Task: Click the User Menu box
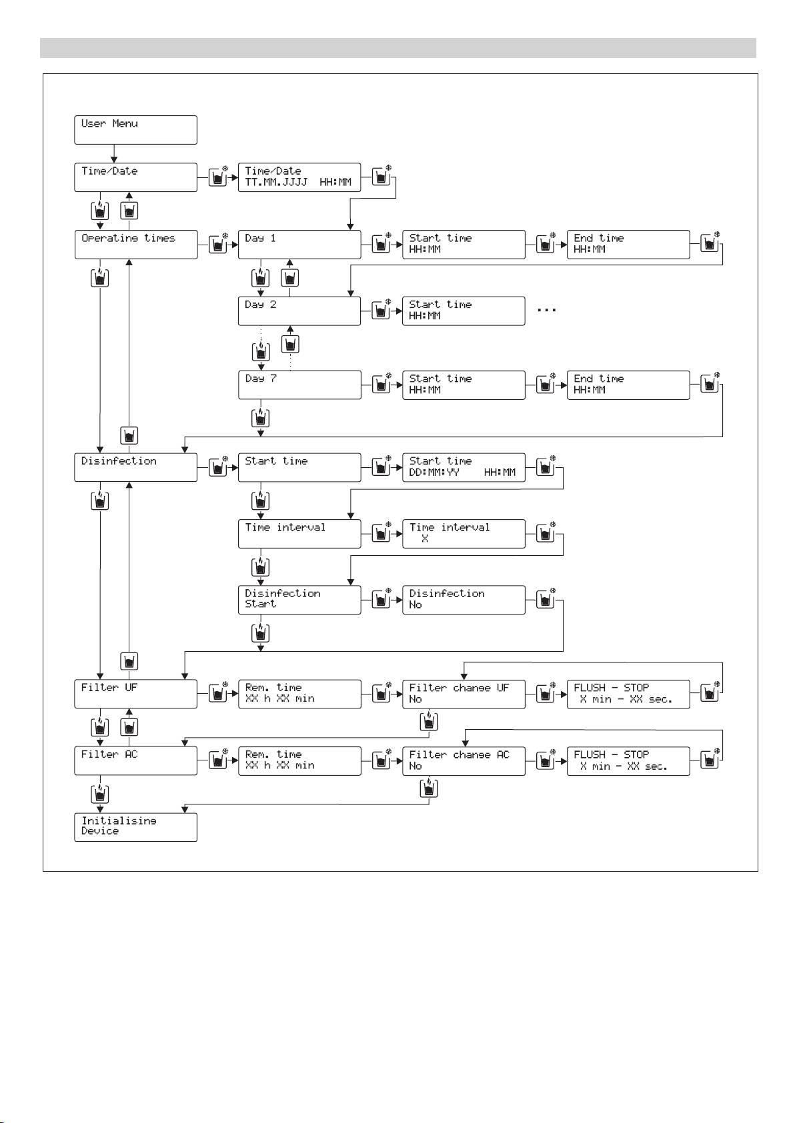click(135, 129)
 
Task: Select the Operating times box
click(135, 244)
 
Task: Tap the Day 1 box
click(299, 244)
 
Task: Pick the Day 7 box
click(299, 385)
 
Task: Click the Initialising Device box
click(135, 826)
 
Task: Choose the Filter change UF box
click(464, 693)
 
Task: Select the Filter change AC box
click(464, 760)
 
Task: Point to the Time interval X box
click(464, 533)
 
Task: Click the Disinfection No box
click(464, 599)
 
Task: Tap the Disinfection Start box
click(299, 599)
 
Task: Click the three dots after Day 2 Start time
click(546, 311)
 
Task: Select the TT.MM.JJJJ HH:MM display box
click(299, 177)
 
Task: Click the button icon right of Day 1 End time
click(710, 244)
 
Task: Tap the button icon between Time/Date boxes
click(217, 177)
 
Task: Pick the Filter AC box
click(135, 760)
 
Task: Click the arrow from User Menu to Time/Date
click(114, 153)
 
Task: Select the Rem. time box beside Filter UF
click(299, 693)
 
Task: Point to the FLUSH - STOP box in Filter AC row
click(628, 760)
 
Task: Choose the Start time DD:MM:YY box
click(464, 467)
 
